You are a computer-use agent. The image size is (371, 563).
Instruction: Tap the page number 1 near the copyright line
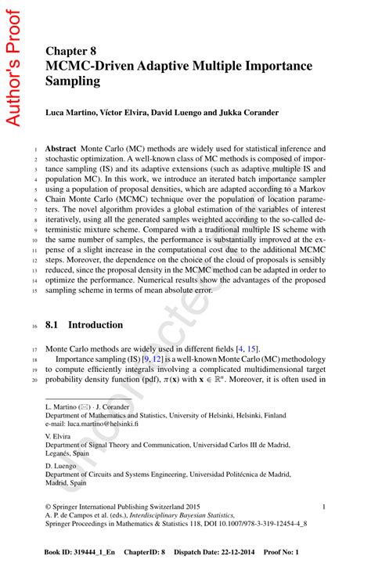point(334,507)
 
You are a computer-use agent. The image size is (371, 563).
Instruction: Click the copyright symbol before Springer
point(49,507)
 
